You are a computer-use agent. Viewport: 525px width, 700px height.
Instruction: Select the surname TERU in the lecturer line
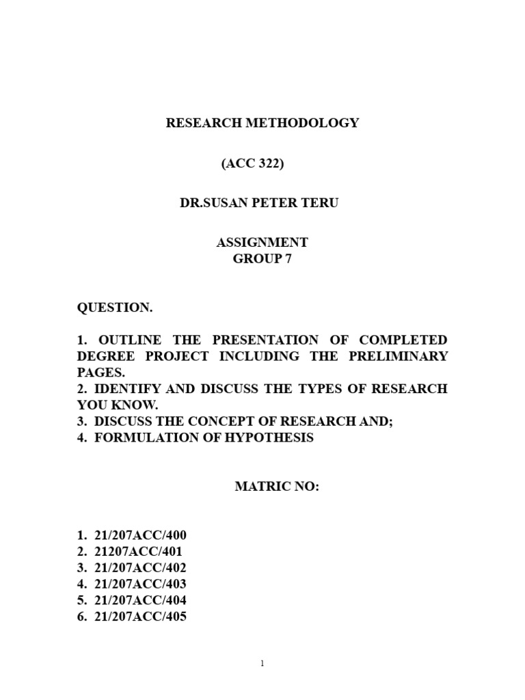[x=321, y=203]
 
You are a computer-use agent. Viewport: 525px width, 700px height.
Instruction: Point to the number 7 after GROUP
[x=278, y=258]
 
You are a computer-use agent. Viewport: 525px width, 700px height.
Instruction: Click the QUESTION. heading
[x=115, y=308]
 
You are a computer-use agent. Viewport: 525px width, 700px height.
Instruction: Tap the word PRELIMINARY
[x=408, y=356]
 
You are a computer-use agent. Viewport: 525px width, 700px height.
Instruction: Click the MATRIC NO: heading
[x=277, y=487]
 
